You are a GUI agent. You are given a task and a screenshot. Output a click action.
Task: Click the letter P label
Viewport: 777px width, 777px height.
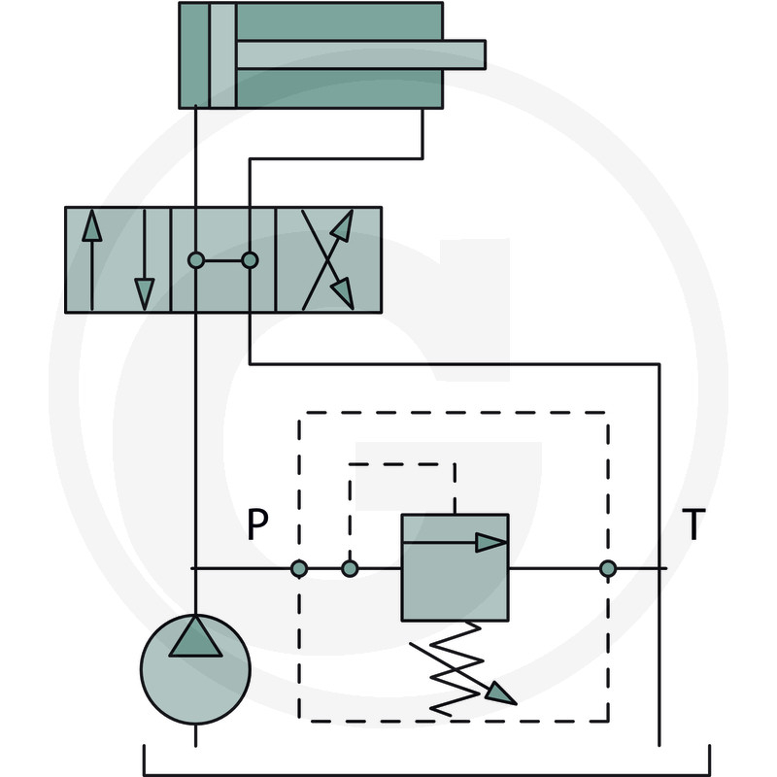pyautogui.click(x=257, y=524)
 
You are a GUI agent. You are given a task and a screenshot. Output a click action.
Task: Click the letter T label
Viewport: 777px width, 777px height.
pyautogui.click(x=693, y=524)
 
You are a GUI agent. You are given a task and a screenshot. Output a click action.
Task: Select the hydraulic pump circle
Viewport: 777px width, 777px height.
pyautogui.click(x=196, y=669)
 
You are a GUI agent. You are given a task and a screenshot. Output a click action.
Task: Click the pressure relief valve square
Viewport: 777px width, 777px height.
pyautogui.click(x=455, y=567)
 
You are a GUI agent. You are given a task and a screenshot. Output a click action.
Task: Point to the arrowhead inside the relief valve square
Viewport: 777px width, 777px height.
pyautogui.click(x=490, y=543)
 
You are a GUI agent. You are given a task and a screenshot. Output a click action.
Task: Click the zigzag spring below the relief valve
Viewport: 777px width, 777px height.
pyautogui.click(x=456, y=669)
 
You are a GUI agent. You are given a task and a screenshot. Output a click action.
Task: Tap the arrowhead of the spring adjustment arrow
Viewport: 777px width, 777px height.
pyautogui.click(x=500, y=693)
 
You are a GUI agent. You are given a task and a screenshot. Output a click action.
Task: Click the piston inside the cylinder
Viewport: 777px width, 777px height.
pyautogui.click(x=223, y=55)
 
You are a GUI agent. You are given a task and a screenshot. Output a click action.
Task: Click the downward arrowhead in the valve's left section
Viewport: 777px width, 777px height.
pyautogui.click(x=144, y=294)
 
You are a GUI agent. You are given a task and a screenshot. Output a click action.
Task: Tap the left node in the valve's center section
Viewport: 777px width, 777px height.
pyautogui.click(x=196, y=260)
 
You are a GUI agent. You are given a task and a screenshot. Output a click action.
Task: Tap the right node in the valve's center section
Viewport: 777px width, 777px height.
pyautogui.click(x=250, y=260)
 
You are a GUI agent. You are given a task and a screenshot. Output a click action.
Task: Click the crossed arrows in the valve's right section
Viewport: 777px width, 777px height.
pyautogui.click(x=328, y=260)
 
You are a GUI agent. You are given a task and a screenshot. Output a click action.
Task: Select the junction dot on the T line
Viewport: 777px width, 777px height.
pyautogui.click(x=608, y=568)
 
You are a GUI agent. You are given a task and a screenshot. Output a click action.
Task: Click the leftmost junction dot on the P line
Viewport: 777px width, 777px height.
pyautogui.click(x=299, y=568)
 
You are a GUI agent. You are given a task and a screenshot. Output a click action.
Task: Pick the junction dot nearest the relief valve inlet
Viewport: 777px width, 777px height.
pyautogui.click(x=350, y=568)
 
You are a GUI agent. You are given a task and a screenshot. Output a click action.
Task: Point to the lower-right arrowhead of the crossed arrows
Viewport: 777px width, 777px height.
pyautogui.click(x=343, y=293)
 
